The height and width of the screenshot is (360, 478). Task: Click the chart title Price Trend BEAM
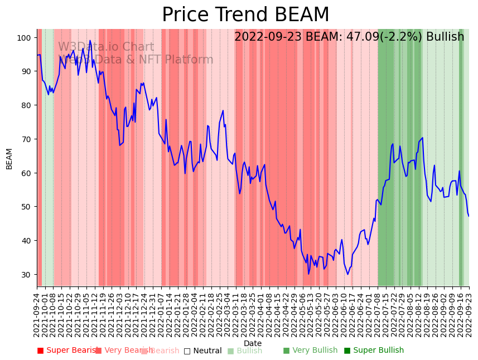tap(245, 15)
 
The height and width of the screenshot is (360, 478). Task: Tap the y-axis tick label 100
tap(23, 38)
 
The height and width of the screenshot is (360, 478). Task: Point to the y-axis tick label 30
tap(26, 274)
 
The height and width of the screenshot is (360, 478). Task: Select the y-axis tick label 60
tap(26, 173)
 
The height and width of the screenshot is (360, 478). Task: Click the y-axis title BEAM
tap(9, 158)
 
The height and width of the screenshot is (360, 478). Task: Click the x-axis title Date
tap(253, 343)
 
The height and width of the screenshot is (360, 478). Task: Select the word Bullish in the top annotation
tap(445, 37)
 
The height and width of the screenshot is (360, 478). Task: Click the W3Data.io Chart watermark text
tap(106, 47)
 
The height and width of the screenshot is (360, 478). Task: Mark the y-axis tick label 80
tap(26, 105)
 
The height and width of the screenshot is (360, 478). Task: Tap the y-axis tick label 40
tap(26, 241)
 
